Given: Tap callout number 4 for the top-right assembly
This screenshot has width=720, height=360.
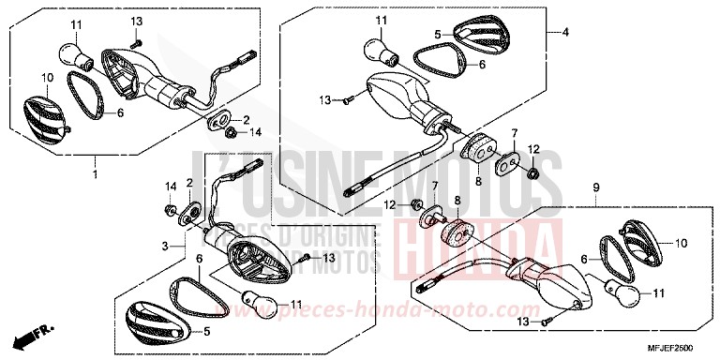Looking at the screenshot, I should point(566,33).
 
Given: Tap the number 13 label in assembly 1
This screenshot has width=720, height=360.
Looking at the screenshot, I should point(137,21).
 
